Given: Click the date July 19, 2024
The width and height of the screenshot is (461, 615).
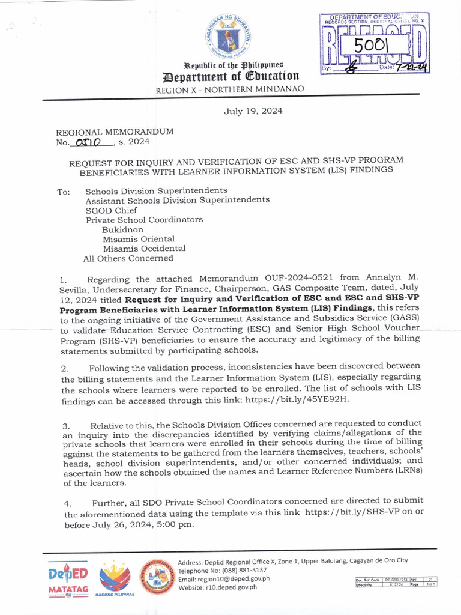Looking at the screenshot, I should click(253, 111).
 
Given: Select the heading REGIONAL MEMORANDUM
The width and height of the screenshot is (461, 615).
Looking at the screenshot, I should click(115, 132).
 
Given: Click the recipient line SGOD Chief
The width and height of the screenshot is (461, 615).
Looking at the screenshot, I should click(111, 210).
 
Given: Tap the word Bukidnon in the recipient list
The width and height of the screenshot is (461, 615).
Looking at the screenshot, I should click(122, 229).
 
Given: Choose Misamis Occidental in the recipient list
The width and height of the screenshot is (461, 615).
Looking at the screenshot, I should click(144, 249).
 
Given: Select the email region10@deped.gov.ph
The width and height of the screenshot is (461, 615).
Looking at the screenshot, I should click(224, 579).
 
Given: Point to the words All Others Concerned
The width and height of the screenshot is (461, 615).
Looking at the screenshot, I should click(128, 258).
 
